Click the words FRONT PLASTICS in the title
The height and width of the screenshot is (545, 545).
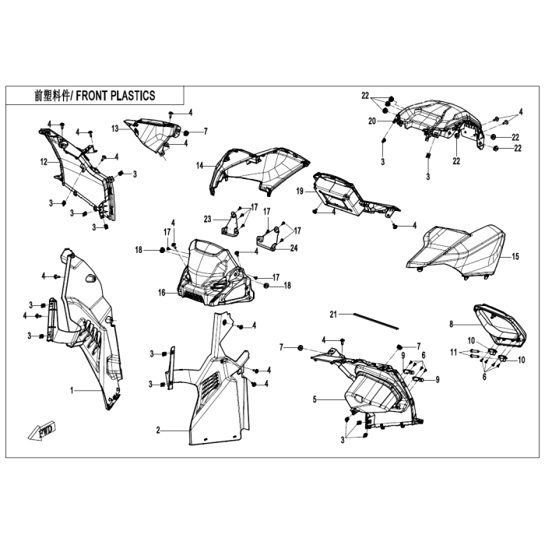tap(115, 96)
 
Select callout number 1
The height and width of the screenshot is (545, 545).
tap(72, 391)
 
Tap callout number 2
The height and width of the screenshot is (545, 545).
tap(158, 431)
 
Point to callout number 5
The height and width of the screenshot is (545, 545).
tap(315, 399)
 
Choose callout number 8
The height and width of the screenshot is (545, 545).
tap(451, 325)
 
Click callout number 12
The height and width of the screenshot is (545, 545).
tap(44, 162)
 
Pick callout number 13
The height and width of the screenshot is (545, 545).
tap(115, 129)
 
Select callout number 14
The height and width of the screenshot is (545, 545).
tap(199, 165)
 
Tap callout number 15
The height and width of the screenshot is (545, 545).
tap(515, 256)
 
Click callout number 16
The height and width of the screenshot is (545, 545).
tap(162, 293)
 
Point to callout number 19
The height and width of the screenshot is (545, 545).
tap(300, 192)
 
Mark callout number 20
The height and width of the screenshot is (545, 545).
tap(372, 121)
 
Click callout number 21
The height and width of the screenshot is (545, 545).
tap(333, 315)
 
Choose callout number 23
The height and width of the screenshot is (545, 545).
tap(208, 220)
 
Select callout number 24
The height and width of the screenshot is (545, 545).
tap(294, 248)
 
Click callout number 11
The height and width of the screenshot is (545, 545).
tap(453, 353)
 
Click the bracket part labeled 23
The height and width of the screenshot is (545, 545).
tap(230, 223)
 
